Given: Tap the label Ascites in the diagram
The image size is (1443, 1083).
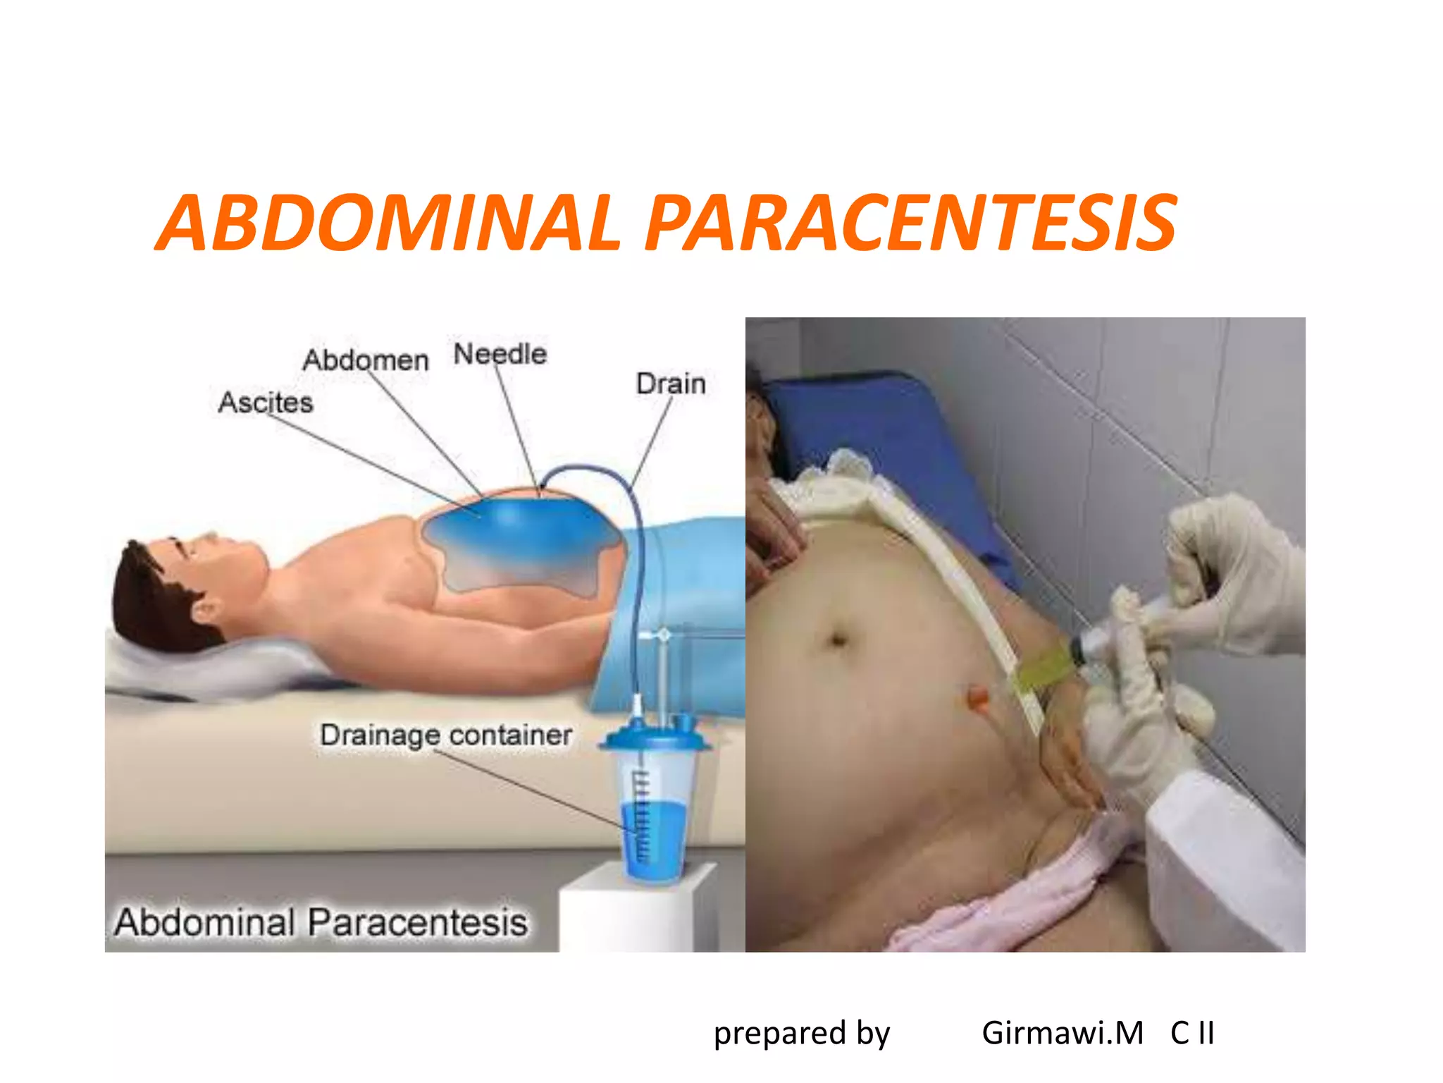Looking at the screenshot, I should pyautogui.click(x=266, y=403).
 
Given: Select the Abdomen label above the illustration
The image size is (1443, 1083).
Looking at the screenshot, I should pyautogui.click(x=366, y=360).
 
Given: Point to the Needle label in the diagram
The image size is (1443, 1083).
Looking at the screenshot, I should pyautogui.click(x=500, y=354).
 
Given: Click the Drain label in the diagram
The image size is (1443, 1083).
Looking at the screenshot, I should pyautogui.click(x=671, y=384).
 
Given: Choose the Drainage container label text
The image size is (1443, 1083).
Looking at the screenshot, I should pyautogui.click(x=445, y=735).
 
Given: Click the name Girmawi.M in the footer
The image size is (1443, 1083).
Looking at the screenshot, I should pyautogui.click(x=1062, y=1033).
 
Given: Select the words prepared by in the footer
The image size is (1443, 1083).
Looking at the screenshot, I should pyautogui.click(x=802, y=1033).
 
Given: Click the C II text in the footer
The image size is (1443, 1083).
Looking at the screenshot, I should pyautogui.click(x=1192, y=1033).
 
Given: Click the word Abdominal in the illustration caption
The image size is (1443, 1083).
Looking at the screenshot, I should pyautogui.click(x=204, y=922).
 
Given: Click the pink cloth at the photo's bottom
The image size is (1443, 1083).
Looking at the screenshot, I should pyautogui.click(x=1001, y=910).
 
